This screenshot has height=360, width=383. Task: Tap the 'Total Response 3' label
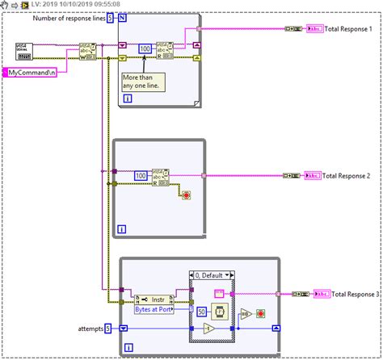click(x=357, y=294)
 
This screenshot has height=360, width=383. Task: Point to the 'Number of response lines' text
click(x=68, y=18)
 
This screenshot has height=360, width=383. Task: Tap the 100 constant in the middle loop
click(x=140, y=175)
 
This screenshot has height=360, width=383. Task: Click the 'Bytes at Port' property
click(x=156, y=308)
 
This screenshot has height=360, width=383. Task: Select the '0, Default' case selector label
click(x=209, y=275)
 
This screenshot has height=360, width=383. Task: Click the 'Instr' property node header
click(x=156, y=297)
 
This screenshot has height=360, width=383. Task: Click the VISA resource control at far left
click(x=24, y=52)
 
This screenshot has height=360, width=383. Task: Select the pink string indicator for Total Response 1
click(x=312, y=29)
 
